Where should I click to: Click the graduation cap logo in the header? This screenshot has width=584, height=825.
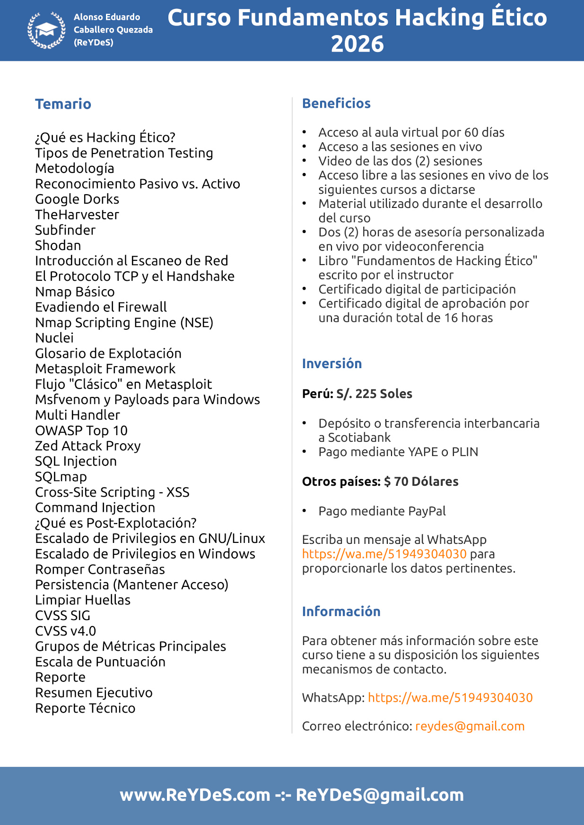coord(46,30)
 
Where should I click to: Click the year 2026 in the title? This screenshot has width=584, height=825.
coord(357,44)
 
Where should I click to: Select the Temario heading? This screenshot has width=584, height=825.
coord(63,104)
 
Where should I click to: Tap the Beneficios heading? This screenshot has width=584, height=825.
coord(336,103)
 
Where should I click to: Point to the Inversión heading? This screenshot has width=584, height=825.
coord(331,363)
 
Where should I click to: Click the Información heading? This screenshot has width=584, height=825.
coord(341,611)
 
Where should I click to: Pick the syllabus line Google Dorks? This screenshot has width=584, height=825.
coord(77,199)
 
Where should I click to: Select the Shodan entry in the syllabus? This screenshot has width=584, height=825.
coord(58,246)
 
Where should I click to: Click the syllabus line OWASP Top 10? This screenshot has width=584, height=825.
coord(81,431)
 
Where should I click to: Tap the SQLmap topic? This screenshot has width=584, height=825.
coord(61,477)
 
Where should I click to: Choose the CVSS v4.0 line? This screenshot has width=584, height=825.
coord(66,631)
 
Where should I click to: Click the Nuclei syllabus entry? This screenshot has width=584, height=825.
coord(54,338)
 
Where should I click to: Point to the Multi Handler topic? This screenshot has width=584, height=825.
coord(78,415)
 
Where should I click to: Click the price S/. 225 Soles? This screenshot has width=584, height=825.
coord(374,394)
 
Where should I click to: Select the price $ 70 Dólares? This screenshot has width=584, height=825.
coord(421,481)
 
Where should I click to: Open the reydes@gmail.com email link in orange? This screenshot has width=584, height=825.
coord(470,726)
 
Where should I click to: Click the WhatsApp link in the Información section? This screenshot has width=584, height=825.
coord(450,698)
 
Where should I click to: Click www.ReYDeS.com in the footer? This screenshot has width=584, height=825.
coord(195,795)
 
